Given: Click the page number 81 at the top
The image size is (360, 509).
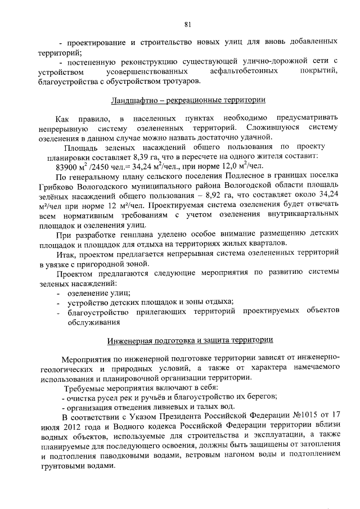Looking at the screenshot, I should point(187,24).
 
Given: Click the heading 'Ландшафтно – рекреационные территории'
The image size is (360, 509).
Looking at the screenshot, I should point(186,101).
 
